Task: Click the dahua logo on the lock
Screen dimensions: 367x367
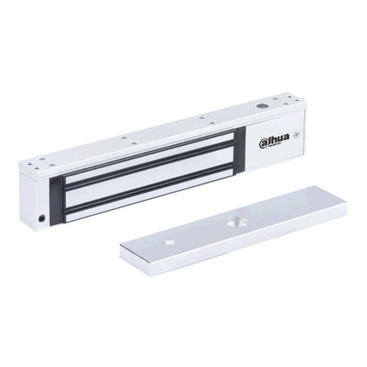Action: coord(275,141)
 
